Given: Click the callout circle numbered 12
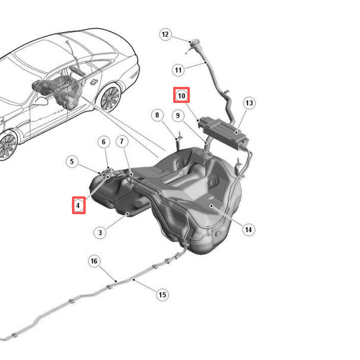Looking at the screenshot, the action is [165, 35].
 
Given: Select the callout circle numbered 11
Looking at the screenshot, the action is [178, 70].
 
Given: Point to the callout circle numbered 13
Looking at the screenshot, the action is [249, 103].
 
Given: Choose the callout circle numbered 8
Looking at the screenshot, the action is [157, 115].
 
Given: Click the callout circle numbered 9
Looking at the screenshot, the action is [178, 115].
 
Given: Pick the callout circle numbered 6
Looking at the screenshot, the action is [104, 142].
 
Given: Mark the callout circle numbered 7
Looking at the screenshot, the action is [122, 141].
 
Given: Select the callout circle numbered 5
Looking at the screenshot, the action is [72, 161].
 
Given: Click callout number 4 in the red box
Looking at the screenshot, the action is [79, 205].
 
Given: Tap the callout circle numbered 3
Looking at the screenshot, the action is [100, 233].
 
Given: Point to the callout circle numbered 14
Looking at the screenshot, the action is [249, 230].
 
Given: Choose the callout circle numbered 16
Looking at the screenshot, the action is [94, 261].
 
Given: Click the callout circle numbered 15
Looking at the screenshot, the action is [162, 295].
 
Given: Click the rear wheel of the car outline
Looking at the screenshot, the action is [111, 98].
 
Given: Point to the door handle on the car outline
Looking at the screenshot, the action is [93, 82].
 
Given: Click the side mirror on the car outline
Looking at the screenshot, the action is [41, 101].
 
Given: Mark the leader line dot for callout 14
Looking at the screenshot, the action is [211, 206].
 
